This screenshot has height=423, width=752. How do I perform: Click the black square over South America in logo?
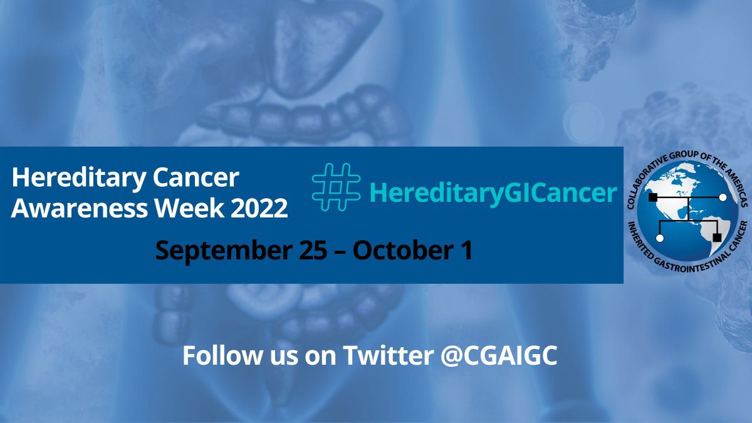[x=717, y=237]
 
